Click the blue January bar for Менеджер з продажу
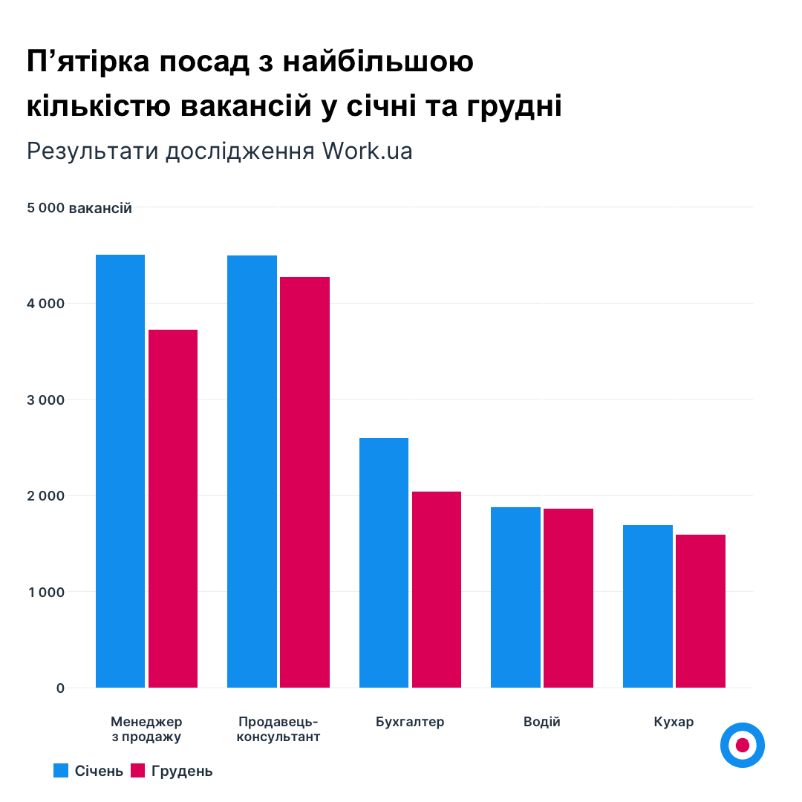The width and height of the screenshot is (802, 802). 120,471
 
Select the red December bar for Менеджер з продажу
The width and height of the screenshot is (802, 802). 173,509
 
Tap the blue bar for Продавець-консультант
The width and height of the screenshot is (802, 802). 252,472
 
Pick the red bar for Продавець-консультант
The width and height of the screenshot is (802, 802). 304,482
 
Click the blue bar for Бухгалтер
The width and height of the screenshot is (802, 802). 384,563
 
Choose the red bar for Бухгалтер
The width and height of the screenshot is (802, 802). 437,590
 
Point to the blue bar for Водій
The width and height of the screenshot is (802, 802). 515,597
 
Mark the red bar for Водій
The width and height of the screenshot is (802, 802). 568,598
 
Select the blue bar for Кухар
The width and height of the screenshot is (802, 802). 648,606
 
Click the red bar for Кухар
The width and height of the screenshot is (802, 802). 700,611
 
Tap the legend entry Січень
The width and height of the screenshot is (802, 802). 88,771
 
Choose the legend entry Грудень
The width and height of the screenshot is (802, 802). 172,771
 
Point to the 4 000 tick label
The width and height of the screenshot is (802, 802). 46,304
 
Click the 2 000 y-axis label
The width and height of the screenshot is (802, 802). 46,496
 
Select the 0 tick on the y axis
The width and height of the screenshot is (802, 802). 60,688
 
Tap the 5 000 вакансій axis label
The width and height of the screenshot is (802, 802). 79,209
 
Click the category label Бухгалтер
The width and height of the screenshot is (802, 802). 410,722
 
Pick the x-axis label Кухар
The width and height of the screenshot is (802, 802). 674,722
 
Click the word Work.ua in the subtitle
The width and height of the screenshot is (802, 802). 367,151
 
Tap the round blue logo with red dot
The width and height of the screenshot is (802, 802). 742,745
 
